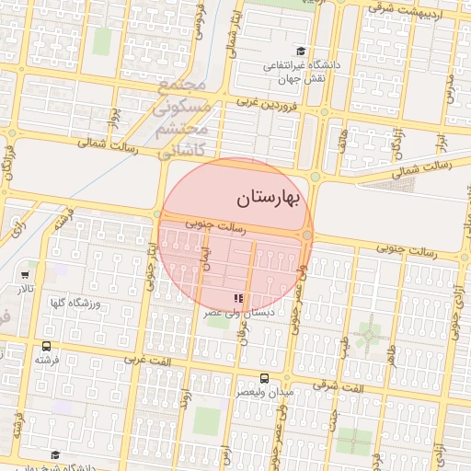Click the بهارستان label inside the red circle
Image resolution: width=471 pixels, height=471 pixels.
(269, 197)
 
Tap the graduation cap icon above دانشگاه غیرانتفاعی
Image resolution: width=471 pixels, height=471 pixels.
(300, 52)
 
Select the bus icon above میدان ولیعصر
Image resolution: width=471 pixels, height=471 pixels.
(265, 378)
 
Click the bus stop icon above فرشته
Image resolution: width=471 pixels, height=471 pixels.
(46, 346)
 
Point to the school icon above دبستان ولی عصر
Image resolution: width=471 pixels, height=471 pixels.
(239, 298)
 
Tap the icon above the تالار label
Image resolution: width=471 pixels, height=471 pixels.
(25, 274)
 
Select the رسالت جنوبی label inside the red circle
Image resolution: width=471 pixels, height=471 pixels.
(214, 224)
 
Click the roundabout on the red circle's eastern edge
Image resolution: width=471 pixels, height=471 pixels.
(307, 235)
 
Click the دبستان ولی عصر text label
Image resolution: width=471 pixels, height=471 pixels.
(239, 313)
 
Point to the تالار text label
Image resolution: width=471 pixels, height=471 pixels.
(24, 289)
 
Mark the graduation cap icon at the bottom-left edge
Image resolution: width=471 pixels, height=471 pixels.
(55, 454)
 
